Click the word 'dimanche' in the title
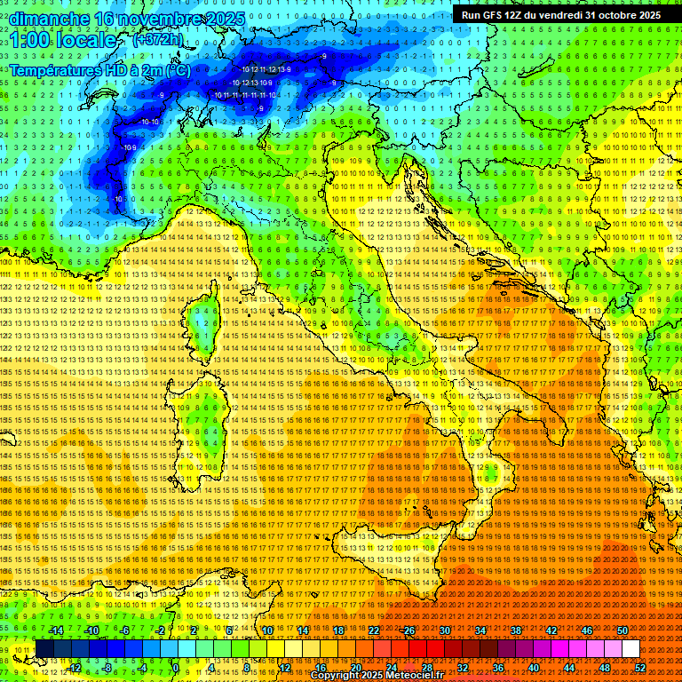[48, 19]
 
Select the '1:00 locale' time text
[63, 41]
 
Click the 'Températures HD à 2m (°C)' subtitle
[99, 69]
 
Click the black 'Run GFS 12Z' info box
[560, 14]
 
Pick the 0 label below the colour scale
[176, 668]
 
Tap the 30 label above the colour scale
[444, 630]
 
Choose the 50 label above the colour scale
[623, 630]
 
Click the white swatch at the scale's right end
[630, 649]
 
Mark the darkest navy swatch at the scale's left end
[44, 649]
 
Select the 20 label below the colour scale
[355, 668]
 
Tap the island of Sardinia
[202, 426]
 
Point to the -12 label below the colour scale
[75, 668]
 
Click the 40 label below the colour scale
[534, 668]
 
